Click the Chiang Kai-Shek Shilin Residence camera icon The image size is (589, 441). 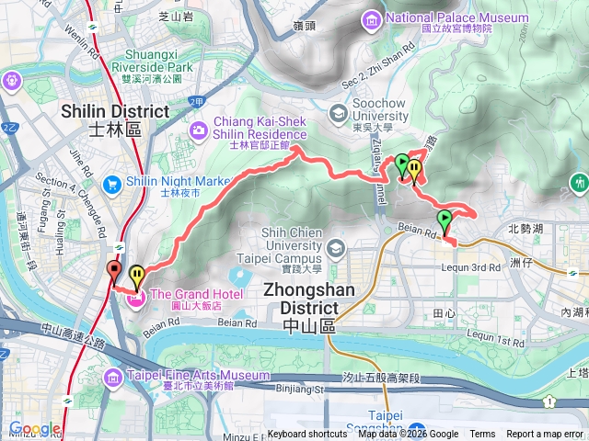pyautogui.click(x=199, y=131)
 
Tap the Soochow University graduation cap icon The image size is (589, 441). pyautogui.click(x=337, y=112)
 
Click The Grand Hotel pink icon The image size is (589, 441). pyautogui.click(x=134, y=297)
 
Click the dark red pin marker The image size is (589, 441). pyautogui.click(x=113, y=270)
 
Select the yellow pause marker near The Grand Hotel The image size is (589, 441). pyautogui.click(x=137, y=275)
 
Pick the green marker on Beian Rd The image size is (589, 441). pyautogui.click(x=445, y=220)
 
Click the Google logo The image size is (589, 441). pyautogui.click(x=35, y=428)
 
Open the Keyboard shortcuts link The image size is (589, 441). pyautogui.click(x=307, y=435)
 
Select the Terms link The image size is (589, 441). pyautogui.click(x=482, y=435)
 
